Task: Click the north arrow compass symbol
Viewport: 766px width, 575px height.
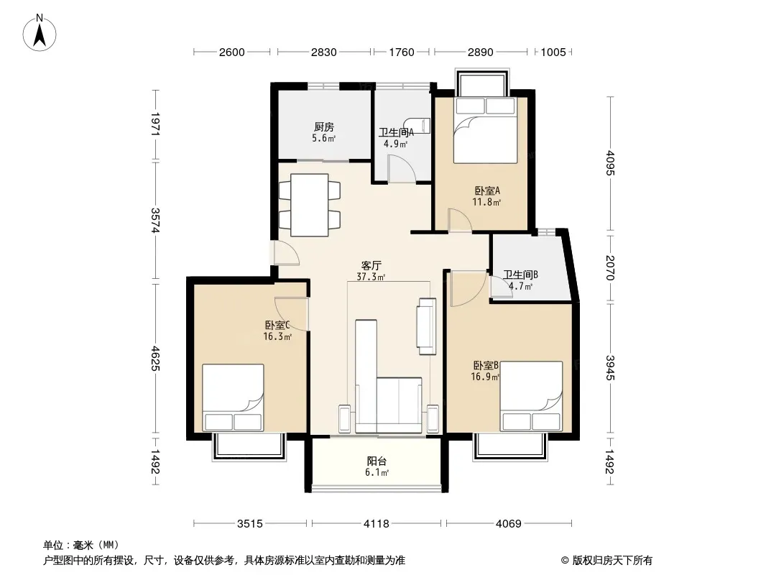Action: [40, 33]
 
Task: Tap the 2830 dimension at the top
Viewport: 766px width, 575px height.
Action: [324, 52]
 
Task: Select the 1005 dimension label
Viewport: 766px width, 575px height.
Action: [553, 52]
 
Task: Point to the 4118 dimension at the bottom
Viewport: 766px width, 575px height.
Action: [376, 524]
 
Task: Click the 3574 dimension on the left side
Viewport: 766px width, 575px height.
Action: [155, 221]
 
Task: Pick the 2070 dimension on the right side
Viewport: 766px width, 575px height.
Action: [610, 267]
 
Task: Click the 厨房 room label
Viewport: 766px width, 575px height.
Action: [324, 127]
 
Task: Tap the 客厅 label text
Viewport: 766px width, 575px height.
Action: [371, 265]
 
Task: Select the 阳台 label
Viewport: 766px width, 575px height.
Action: [377, 461]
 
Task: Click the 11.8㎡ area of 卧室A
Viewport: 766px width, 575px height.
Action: [486, 202]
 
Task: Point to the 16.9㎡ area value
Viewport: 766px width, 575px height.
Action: [485, 377]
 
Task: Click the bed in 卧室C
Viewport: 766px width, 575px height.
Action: [233, 397]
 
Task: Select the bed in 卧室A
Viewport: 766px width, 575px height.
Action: [485, 130]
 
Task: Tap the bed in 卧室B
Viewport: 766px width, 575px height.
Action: [532, 396]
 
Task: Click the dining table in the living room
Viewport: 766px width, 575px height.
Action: [309, 205]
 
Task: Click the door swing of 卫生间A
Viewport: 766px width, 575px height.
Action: [402, 169]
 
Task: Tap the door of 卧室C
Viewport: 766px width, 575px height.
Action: [292, 314]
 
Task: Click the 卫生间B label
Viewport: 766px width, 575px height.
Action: [521, 275]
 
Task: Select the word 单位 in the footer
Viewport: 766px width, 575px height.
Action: [53, 545]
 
